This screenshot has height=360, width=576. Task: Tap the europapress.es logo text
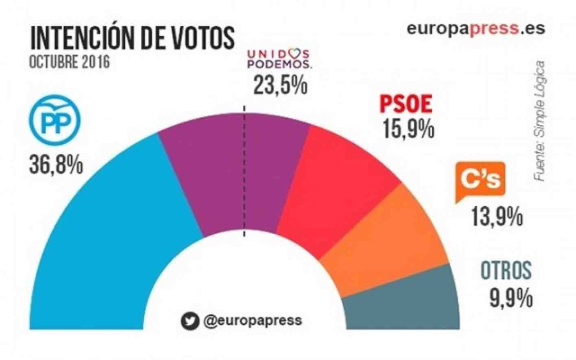tap(476, 29)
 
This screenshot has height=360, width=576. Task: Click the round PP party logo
tap(55, 120)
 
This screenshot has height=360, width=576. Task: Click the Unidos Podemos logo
tap(279, 59)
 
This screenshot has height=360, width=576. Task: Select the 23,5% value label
tap(280, 85)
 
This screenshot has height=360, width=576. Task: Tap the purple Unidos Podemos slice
tap(236, 171)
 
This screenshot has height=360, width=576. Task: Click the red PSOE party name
tap(406, 104)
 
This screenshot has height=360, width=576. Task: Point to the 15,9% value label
tap(408, 129)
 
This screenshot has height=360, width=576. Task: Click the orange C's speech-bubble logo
tap(480, 181)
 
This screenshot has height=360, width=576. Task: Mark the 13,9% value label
tap(497, 216)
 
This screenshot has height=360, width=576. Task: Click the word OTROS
tap(506, 270)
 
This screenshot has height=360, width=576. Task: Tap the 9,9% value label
tap(511, 298)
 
